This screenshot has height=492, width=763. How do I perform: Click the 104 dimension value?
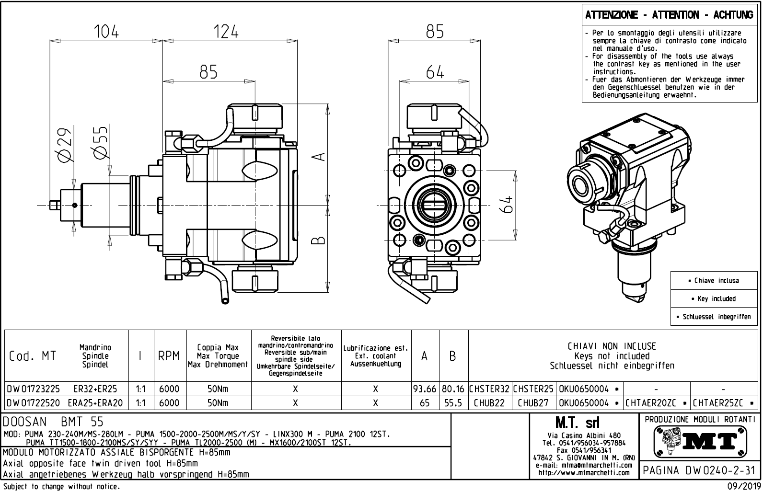106,32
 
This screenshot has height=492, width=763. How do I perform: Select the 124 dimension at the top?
226,32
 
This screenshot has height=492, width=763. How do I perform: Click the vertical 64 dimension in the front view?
508,205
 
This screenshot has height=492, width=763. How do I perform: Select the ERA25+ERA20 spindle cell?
96,403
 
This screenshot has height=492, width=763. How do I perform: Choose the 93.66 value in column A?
425,389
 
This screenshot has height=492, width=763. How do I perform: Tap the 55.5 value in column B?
453,403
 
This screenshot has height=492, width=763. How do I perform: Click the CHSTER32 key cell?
490,389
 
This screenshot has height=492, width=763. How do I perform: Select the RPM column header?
169,356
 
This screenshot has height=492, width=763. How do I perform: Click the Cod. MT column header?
33,356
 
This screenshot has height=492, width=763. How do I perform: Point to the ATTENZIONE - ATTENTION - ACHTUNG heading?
669,15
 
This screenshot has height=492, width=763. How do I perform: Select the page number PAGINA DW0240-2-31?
699,470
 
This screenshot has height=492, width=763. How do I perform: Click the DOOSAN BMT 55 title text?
53,422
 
